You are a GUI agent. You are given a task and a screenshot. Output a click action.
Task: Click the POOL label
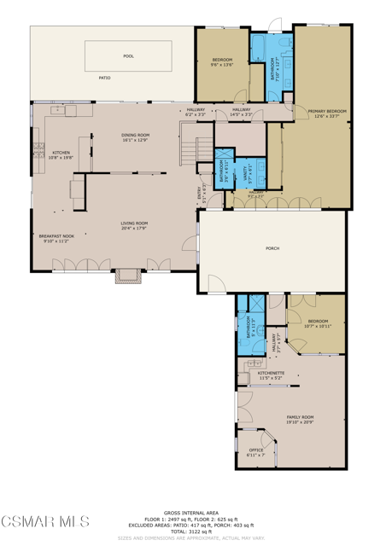(x=128, y=56)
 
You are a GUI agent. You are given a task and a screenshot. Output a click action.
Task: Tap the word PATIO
(x=104, y=78)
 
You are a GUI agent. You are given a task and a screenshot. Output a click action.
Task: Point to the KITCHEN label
(x=50, y=153)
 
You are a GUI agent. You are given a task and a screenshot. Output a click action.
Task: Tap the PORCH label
(x=272, y=248)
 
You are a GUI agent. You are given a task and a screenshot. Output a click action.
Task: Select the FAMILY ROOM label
(x=300, y=417)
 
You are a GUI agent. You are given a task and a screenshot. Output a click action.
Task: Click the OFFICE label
(x=256, y=450)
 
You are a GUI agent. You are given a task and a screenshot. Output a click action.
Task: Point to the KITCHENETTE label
(x=272, y=373)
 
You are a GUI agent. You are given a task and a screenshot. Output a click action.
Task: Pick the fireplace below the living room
(x=127, y=276)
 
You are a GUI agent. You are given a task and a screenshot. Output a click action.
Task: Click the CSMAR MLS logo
(x=44, y=520)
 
